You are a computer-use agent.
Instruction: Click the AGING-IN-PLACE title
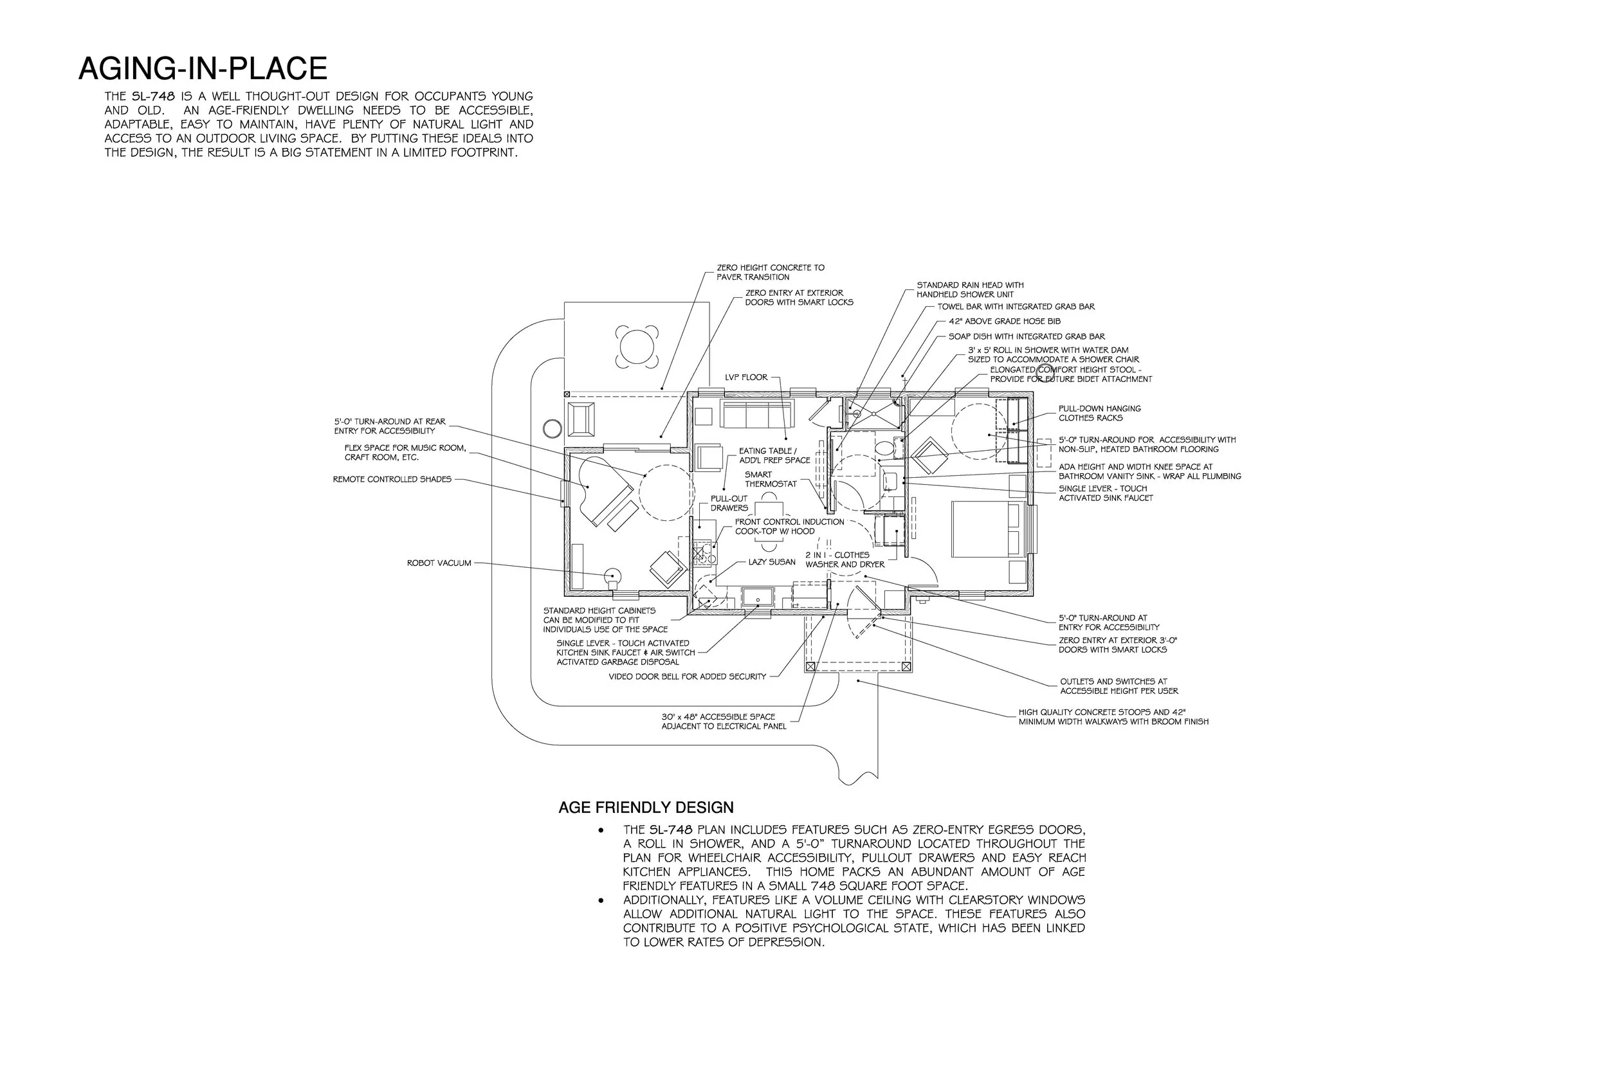click(x=203, y=69)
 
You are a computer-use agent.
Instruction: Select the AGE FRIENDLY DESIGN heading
click(x=645, y=808)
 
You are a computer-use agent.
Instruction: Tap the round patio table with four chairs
click(x=637, y=347)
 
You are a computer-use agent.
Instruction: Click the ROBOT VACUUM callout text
click(x=439, y=563)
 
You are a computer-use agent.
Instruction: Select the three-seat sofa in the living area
click(x=756, y=414)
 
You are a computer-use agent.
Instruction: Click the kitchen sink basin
click(x=757, y=598)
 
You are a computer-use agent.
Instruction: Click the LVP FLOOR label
click(x=746, y=377)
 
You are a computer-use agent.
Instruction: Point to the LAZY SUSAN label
click(x=772, y=562)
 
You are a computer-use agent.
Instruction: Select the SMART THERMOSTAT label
click(x=771, y=479)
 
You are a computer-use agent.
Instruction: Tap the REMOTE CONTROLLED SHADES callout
click(x=392, y=479)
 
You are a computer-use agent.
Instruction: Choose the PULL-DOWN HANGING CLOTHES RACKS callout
click(x=1099, y=413)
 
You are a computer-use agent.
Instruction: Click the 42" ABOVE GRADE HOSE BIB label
click(x=1004, y=322)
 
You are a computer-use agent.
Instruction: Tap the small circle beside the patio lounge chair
click(x=552, y=429)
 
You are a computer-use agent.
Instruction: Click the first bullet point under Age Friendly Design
click(x=601, y=830)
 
